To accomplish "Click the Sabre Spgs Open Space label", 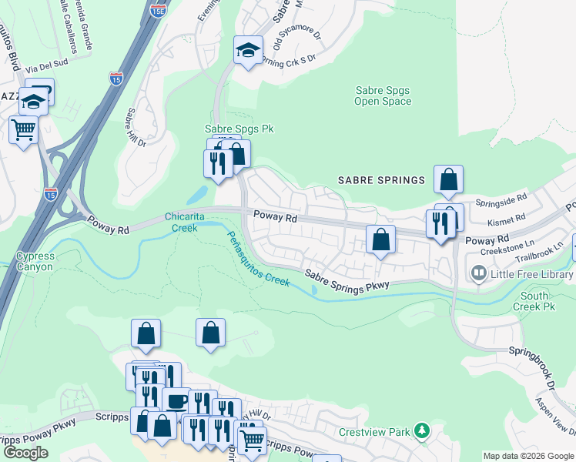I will click(x=383, y=95).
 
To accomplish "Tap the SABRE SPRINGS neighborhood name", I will click(x=381, y=180).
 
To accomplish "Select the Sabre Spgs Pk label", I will click(x=239, y=129).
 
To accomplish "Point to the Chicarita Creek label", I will click(x=185, y=222).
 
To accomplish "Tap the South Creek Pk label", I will click(x=534, y=301).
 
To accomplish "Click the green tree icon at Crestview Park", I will click(x=421, y=431).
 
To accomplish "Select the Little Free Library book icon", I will click(x=478, y=273).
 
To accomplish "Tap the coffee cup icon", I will click(x=176, y=400).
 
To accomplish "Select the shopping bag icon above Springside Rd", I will click(x=448, y=179).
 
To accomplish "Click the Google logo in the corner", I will click(x=25, y=453).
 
